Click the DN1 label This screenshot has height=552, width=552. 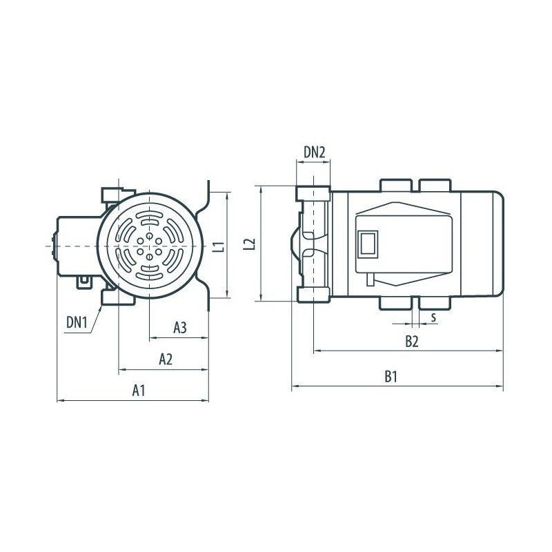(x=77, y=322)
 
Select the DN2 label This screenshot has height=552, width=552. (x=315, y=152)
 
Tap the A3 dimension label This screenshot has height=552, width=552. (x=180, y=328)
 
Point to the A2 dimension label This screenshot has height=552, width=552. (x=166, y=359)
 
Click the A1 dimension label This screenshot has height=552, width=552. (x=139, y=391)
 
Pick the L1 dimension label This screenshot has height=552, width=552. (x=219, y=246)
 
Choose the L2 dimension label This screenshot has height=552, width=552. (x=249, y=244)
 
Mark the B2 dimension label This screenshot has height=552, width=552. (x=411, y=341)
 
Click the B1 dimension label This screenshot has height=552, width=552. (x=391, y=376)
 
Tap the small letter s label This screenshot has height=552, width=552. (x=433, y=317)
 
